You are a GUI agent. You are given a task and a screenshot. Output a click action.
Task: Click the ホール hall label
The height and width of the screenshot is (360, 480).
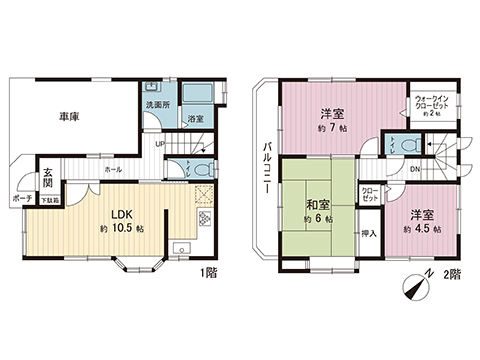coord(112,170)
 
